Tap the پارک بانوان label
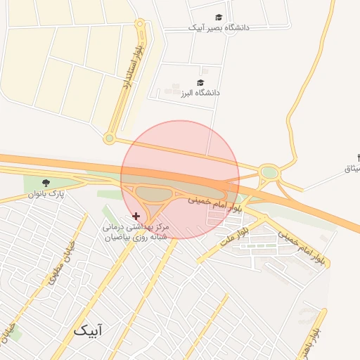(x=47, y=194)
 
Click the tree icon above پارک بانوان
(x=46, y=183)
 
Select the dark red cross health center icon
(x=136, y=215)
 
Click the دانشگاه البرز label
(x=200, y=93)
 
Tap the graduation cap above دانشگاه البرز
(x=202, y=82)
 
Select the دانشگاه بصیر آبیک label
(x=217, y=28)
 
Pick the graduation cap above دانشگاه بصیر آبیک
(x=219, y=17)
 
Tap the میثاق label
(x=352, y=169)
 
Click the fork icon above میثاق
(x=356, y=157)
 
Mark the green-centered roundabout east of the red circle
(x=269, y=172)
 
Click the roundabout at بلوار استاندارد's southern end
(x=109, y=139)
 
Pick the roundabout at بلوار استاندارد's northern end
(x=140, y=24)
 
